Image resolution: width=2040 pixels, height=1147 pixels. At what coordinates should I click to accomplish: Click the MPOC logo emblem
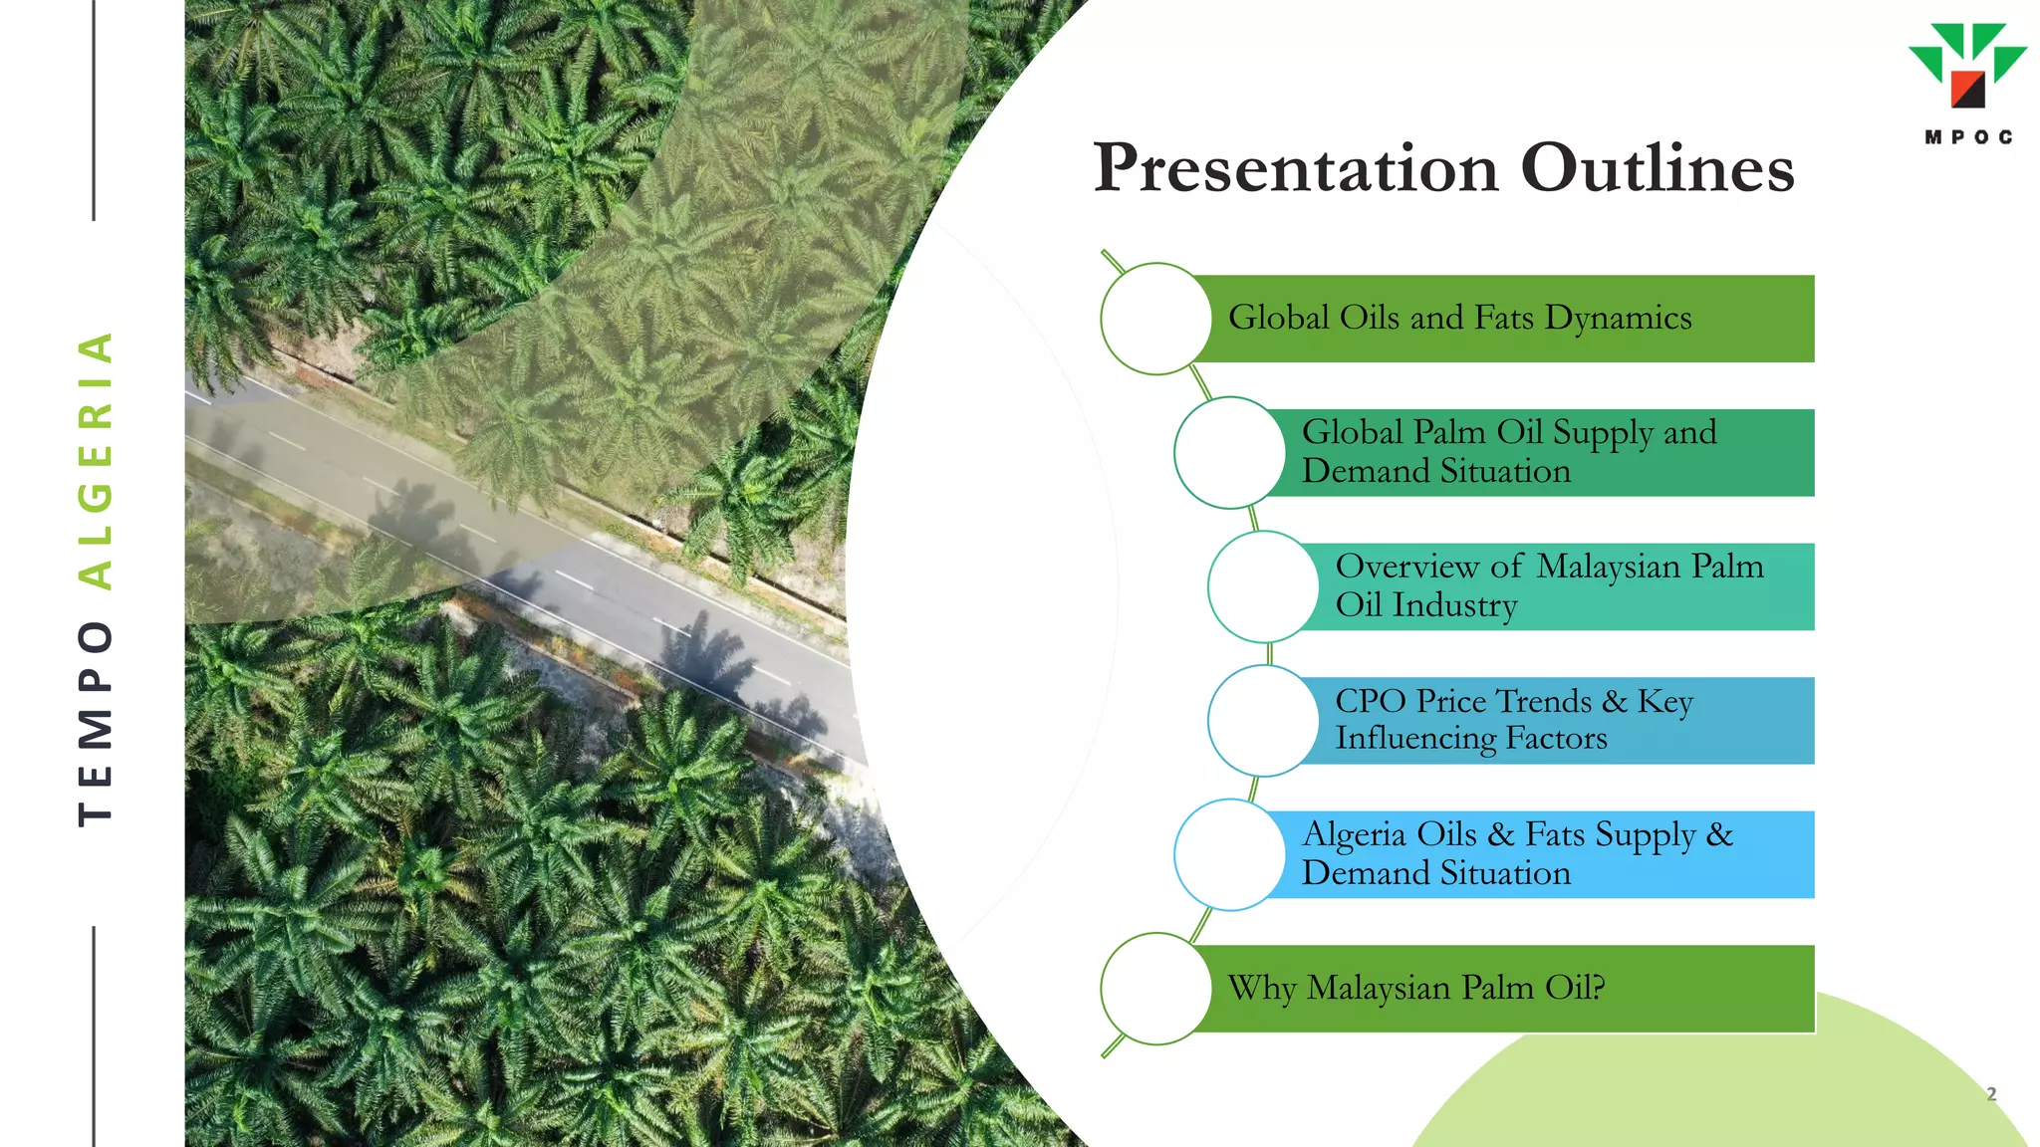1967,65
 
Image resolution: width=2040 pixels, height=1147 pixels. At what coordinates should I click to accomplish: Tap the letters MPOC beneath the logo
1968,137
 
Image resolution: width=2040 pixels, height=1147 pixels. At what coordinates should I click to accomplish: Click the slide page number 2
1991,1093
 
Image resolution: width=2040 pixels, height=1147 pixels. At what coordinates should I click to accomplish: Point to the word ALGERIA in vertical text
96,460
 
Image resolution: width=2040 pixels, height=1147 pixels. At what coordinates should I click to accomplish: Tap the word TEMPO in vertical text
96,724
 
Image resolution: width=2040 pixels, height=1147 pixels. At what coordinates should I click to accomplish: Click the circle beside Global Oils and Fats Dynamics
1155,319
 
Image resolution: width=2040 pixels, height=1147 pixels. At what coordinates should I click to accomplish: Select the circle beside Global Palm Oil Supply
1229,453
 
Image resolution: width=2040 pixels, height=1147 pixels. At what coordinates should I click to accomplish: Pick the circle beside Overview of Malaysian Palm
1263,586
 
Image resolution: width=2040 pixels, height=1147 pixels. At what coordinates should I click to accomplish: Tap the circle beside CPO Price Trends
1263,721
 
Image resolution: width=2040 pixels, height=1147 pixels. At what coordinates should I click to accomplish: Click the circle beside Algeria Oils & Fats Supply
1229,854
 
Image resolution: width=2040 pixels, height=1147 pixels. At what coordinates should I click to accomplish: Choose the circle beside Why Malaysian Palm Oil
1155,989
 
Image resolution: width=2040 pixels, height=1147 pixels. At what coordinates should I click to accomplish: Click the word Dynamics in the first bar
1618,319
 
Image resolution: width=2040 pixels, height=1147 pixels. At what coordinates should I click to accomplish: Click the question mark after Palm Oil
1598,987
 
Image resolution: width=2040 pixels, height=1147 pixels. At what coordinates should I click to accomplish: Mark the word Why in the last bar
1260,989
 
